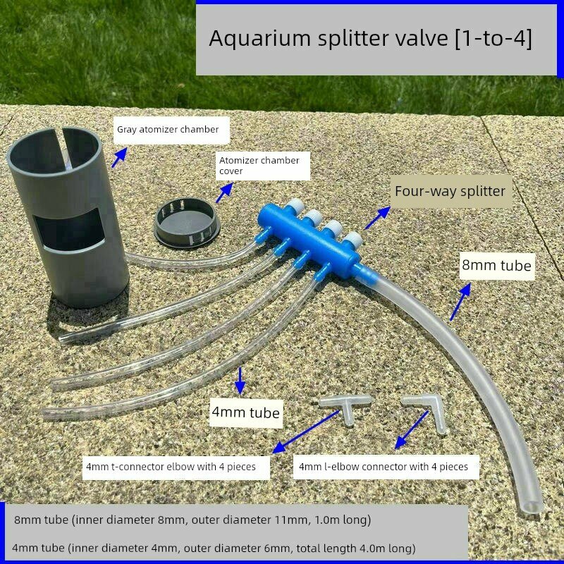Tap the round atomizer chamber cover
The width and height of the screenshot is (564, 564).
point(187,223)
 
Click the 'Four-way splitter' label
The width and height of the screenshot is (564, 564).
point(450,191)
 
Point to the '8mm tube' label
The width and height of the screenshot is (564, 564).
point(496,266)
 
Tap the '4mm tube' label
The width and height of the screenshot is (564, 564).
point(245,412)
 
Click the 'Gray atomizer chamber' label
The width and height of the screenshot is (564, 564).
point(168,130)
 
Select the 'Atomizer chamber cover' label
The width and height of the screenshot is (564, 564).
point(259,166)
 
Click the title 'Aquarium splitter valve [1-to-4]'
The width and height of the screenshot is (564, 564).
point(371,38)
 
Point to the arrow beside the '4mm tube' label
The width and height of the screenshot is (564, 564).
point(240,381)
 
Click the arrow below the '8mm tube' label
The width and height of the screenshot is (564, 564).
point(460,302)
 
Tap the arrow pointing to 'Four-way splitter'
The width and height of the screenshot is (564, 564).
point(377,218)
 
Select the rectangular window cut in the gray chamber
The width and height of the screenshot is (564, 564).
point(69,231)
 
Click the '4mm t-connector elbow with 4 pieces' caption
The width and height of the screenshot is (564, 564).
point(171,467)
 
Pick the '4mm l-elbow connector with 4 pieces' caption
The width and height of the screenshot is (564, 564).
point(384,467)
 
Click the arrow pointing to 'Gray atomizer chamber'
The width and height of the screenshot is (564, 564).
point(119,157)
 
